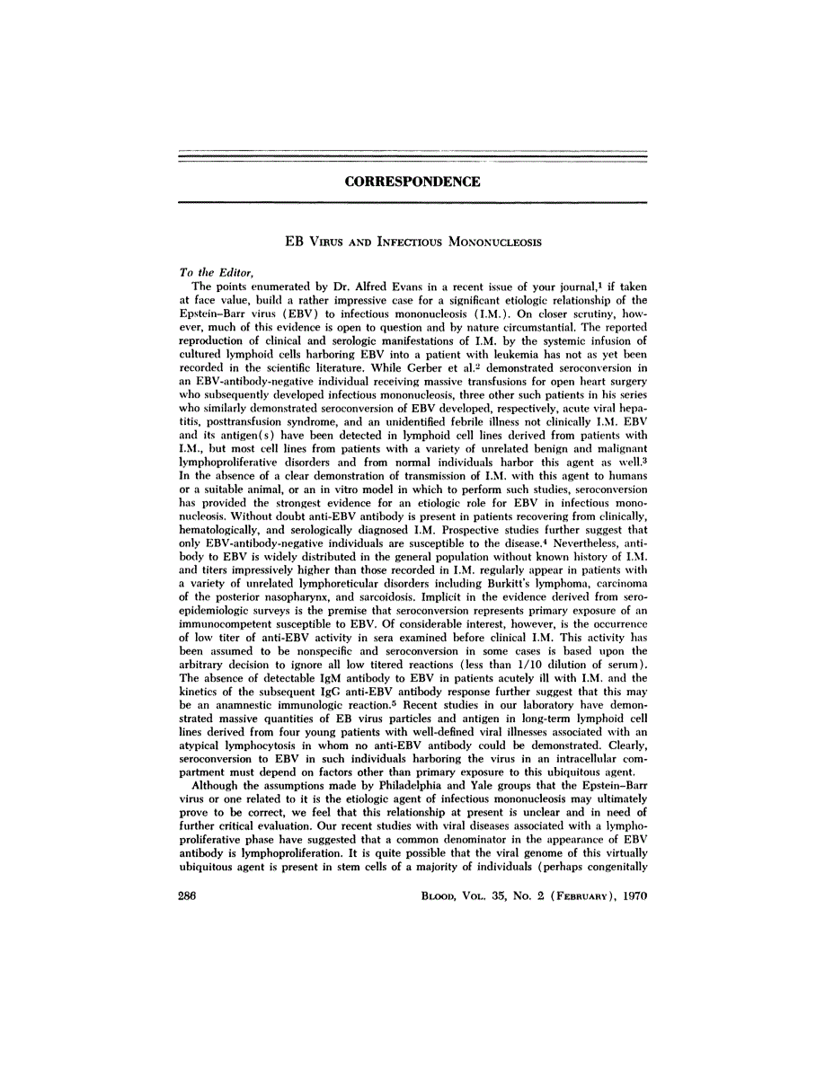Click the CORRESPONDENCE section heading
coord(412,181)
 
